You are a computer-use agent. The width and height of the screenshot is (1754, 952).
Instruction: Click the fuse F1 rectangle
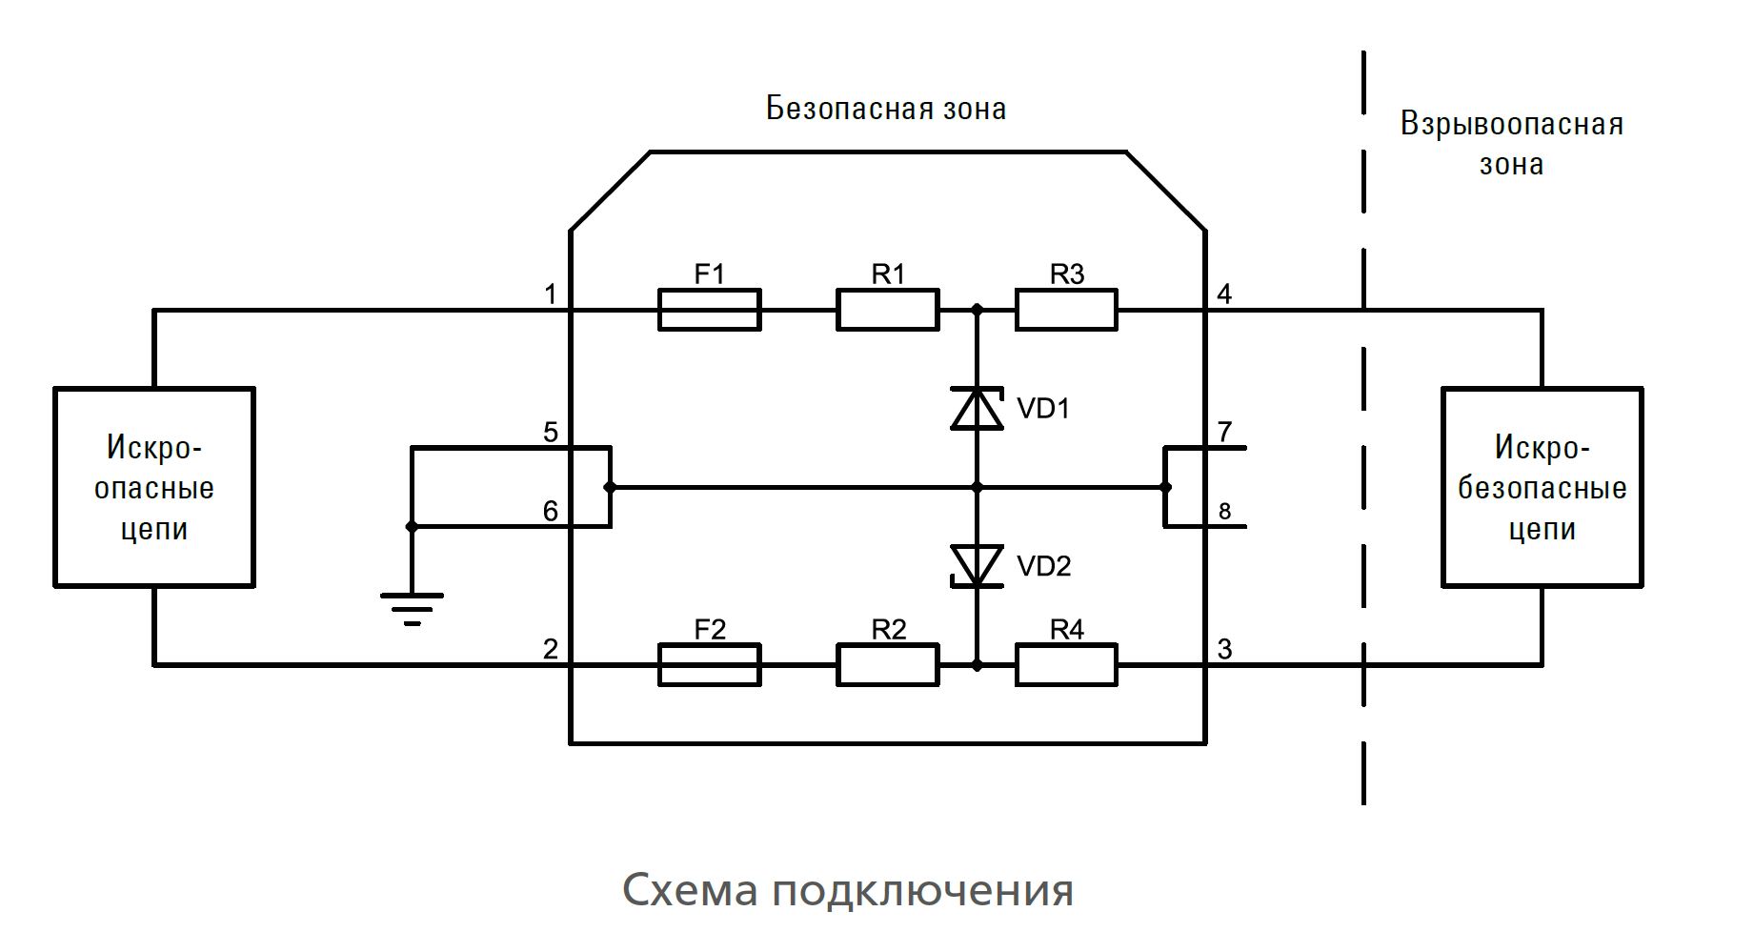709,310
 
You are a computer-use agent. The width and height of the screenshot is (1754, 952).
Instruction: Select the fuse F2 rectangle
709,665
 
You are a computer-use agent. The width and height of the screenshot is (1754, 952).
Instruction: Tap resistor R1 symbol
887,310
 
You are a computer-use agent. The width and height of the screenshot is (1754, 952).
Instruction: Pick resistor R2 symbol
887,665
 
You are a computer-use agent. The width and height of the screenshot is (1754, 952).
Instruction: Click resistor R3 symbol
1066,310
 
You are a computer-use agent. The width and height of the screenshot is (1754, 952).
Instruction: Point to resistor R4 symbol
1066,665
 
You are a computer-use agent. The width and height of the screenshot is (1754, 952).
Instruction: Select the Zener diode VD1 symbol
977,409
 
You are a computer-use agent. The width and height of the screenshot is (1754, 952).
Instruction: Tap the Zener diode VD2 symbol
977,566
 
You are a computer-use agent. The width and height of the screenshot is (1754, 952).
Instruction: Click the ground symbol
412,606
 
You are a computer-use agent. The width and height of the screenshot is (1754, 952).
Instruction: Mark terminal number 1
551,294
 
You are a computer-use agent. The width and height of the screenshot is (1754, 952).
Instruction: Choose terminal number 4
1224,294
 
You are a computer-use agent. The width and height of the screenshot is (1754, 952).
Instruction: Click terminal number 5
551,433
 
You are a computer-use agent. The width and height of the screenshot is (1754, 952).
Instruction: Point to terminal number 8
1224,513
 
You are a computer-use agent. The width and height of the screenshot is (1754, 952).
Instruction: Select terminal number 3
1224,650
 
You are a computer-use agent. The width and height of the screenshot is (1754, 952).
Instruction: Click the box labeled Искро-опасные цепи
154,487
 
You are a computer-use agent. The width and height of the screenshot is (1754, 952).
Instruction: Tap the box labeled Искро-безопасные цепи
1542,487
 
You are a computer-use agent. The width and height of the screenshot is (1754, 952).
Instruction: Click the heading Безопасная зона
886,109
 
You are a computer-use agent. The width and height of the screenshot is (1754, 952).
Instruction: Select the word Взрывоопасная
1511,125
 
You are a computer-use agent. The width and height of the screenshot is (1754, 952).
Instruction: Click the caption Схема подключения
848,890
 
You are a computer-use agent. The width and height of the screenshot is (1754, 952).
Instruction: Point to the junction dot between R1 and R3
977,310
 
